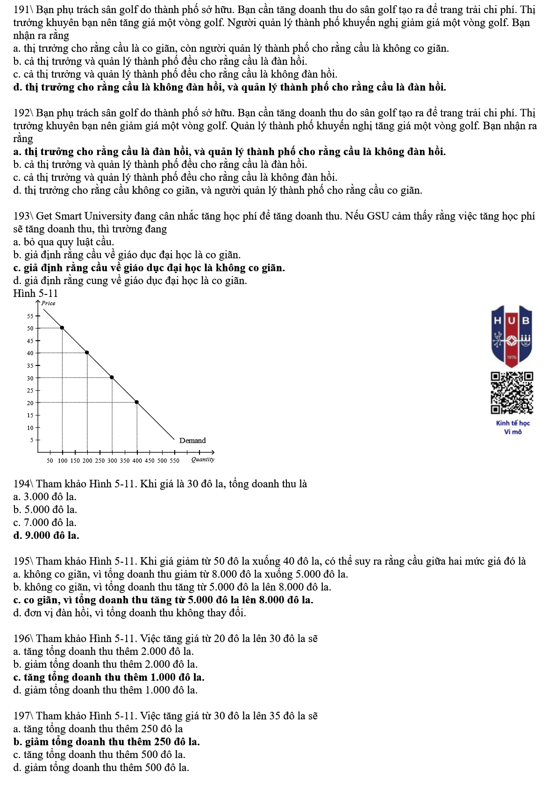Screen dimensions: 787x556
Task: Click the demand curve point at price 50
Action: click(x=62, y=328)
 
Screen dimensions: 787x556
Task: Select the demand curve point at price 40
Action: click(x=87, y=352)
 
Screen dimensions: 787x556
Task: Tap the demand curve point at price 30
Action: click(x=112, y=377)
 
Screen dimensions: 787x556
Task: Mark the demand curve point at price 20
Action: click(x=136, y=402)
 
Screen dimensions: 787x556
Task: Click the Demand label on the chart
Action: click(x=192, y=440)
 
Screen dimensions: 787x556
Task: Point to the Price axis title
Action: click(x=48, y=303)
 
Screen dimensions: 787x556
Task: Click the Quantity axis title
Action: click(x=203, y=459)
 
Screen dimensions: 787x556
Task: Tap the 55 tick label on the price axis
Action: click(x=30, y=316)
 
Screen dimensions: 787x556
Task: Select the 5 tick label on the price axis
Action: click(x=32, y=440)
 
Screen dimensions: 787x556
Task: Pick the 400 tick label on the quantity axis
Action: click(x=137, y=460)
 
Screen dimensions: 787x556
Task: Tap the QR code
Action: click(x=512, y=393)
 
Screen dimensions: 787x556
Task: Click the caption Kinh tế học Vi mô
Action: click(x=513, y=427)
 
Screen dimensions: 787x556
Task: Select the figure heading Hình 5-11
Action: click(x=36, y=293)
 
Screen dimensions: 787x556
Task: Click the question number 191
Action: click(x=21, y=9)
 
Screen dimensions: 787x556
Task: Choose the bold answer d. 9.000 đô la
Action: click(x=46, y=535)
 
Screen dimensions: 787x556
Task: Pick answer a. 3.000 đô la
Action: click(x=45, y=496)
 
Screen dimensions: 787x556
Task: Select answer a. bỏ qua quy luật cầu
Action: click(x=64, y=242)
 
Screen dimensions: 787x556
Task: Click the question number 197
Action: click(x=21, y=715)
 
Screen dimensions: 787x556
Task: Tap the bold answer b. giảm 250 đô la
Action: click(x=107, y=742)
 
